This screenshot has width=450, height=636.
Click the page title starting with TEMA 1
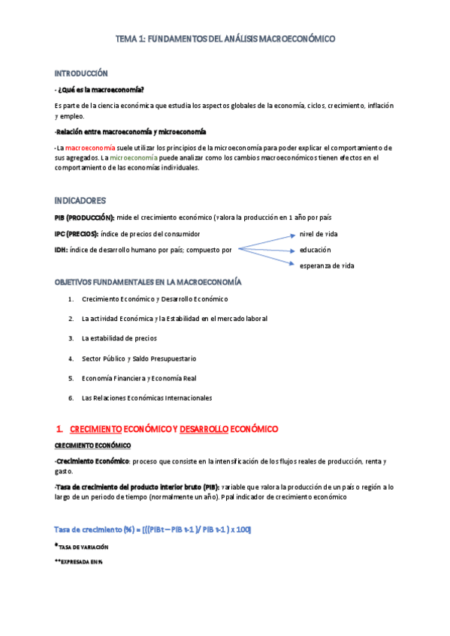click(225, 38)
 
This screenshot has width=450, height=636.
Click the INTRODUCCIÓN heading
click(81, 73)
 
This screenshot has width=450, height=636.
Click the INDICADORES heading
click(80, 201)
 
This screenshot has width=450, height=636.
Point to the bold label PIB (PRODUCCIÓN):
click(84, 217)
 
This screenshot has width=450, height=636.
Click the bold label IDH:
click(62, 249)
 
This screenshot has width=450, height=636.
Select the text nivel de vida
click(319, 234)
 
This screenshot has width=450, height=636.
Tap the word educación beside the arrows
click(315, 249)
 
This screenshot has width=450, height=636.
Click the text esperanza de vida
click(327, 265)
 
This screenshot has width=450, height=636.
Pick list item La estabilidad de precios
click(119, 338)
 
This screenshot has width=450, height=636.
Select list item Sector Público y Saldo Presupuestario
click(139, 358)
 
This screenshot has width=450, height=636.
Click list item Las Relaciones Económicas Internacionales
click(146, 397)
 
